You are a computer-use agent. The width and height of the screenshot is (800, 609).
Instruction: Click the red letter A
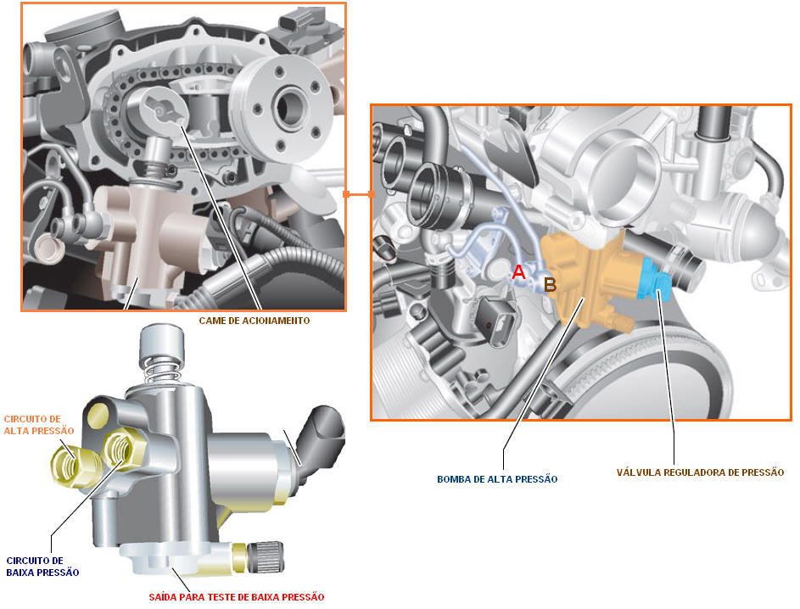(x=518, y=271)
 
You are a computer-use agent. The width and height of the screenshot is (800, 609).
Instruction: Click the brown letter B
(x=550, y=284)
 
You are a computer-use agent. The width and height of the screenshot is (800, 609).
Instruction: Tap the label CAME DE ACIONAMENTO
(x=254, y=321)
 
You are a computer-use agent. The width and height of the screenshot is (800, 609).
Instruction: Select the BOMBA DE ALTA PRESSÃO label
(x=497, y=479)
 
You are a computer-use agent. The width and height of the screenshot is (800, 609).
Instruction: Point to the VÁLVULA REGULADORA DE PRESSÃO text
(x=700, y=472)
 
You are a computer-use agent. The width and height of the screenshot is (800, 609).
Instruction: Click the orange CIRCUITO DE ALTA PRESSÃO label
(x=39, y=424)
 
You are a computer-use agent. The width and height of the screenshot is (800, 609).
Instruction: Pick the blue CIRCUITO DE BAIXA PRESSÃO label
(x=42, y=566)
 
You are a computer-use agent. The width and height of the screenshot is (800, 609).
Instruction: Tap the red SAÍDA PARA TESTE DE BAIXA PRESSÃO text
(x=236, y=596)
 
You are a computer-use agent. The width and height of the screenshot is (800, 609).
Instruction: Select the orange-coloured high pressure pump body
(x=587, y=278)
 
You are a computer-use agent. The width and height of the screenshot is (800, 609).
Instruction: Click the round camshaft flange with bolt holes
(x=283, y=108)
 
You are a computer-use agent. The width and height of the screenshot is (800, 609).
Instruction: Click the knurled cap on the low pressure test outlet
(x=265, y=556)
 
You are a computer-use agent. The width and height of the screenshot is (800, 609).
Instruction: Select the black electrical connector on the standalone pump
(x=321, y=444)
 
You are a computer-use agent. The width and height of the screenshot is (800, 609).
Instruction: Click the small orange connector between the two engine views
(x=359, y=194)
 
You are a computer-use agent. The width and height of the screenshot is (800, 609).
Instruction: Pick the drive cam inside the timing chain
(x=158, y=108)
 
